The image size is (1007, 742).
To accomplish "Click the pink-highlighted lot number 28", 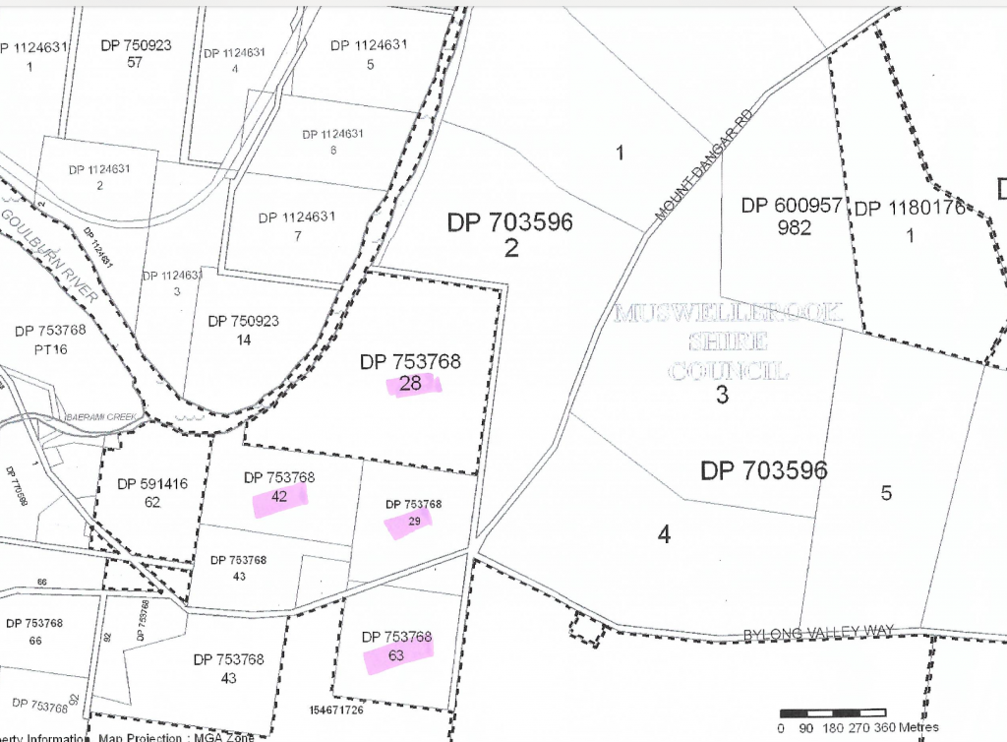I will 411,384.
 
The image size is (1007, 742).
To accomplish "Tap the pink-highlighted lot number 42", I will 279,497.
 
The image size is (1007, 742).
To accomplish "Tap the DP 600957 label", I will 793,207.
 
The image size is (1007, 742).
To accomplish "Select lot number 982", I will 794,228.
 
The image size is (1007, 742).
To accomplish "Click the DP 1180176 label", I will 911,209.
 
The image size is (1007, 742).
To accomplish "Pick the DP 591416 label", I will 152,484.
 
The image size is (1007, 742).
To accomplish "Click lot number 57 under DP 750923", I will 135,63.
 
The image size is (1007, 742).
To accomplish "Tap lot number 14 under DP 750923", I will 244,340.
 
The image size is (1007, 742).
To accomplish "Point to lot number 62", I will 152,503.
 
